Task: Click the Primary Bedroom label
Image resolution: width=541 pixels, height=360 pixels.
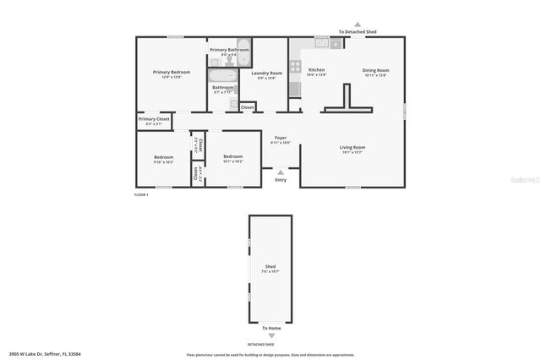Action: pos(172,73)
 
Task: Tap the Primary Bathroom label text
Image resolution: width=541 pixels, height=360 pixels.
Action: pos(229,50)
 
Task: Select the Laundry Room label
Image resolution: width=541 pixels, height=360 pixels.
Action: pos(266,74)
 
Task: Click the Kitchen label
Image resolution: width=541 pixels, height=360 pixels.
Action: pos(317,70)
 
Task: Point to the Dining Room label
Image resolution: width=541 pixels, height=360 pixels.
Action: pos(375,70)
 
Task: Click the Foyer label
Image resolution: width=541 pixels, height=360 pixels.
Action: pos(281,139)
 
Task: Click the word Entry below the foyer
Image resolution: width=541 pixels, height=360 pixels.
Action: pos(281,179)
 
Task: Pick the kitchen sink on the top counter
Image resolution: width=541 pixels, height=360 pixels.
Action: pos(322,41)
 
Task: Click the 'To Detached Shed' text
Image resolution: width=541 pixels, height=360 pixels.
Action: pos(358,31)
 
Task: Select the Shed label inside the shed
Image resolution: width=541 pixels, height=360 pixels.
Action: pos(270,266)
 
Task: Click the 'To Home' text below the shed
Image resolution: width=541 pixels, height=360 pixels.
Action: pos(270,328)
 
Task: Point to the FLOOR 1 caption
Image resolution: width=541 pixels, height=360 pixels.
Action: pos(141,195)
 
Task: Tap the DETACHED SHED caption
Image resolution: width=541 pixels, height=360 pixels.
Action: pos(260,345)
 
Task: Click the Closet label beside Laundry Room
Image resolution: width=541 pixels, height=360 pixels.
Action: pos(247,107)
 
